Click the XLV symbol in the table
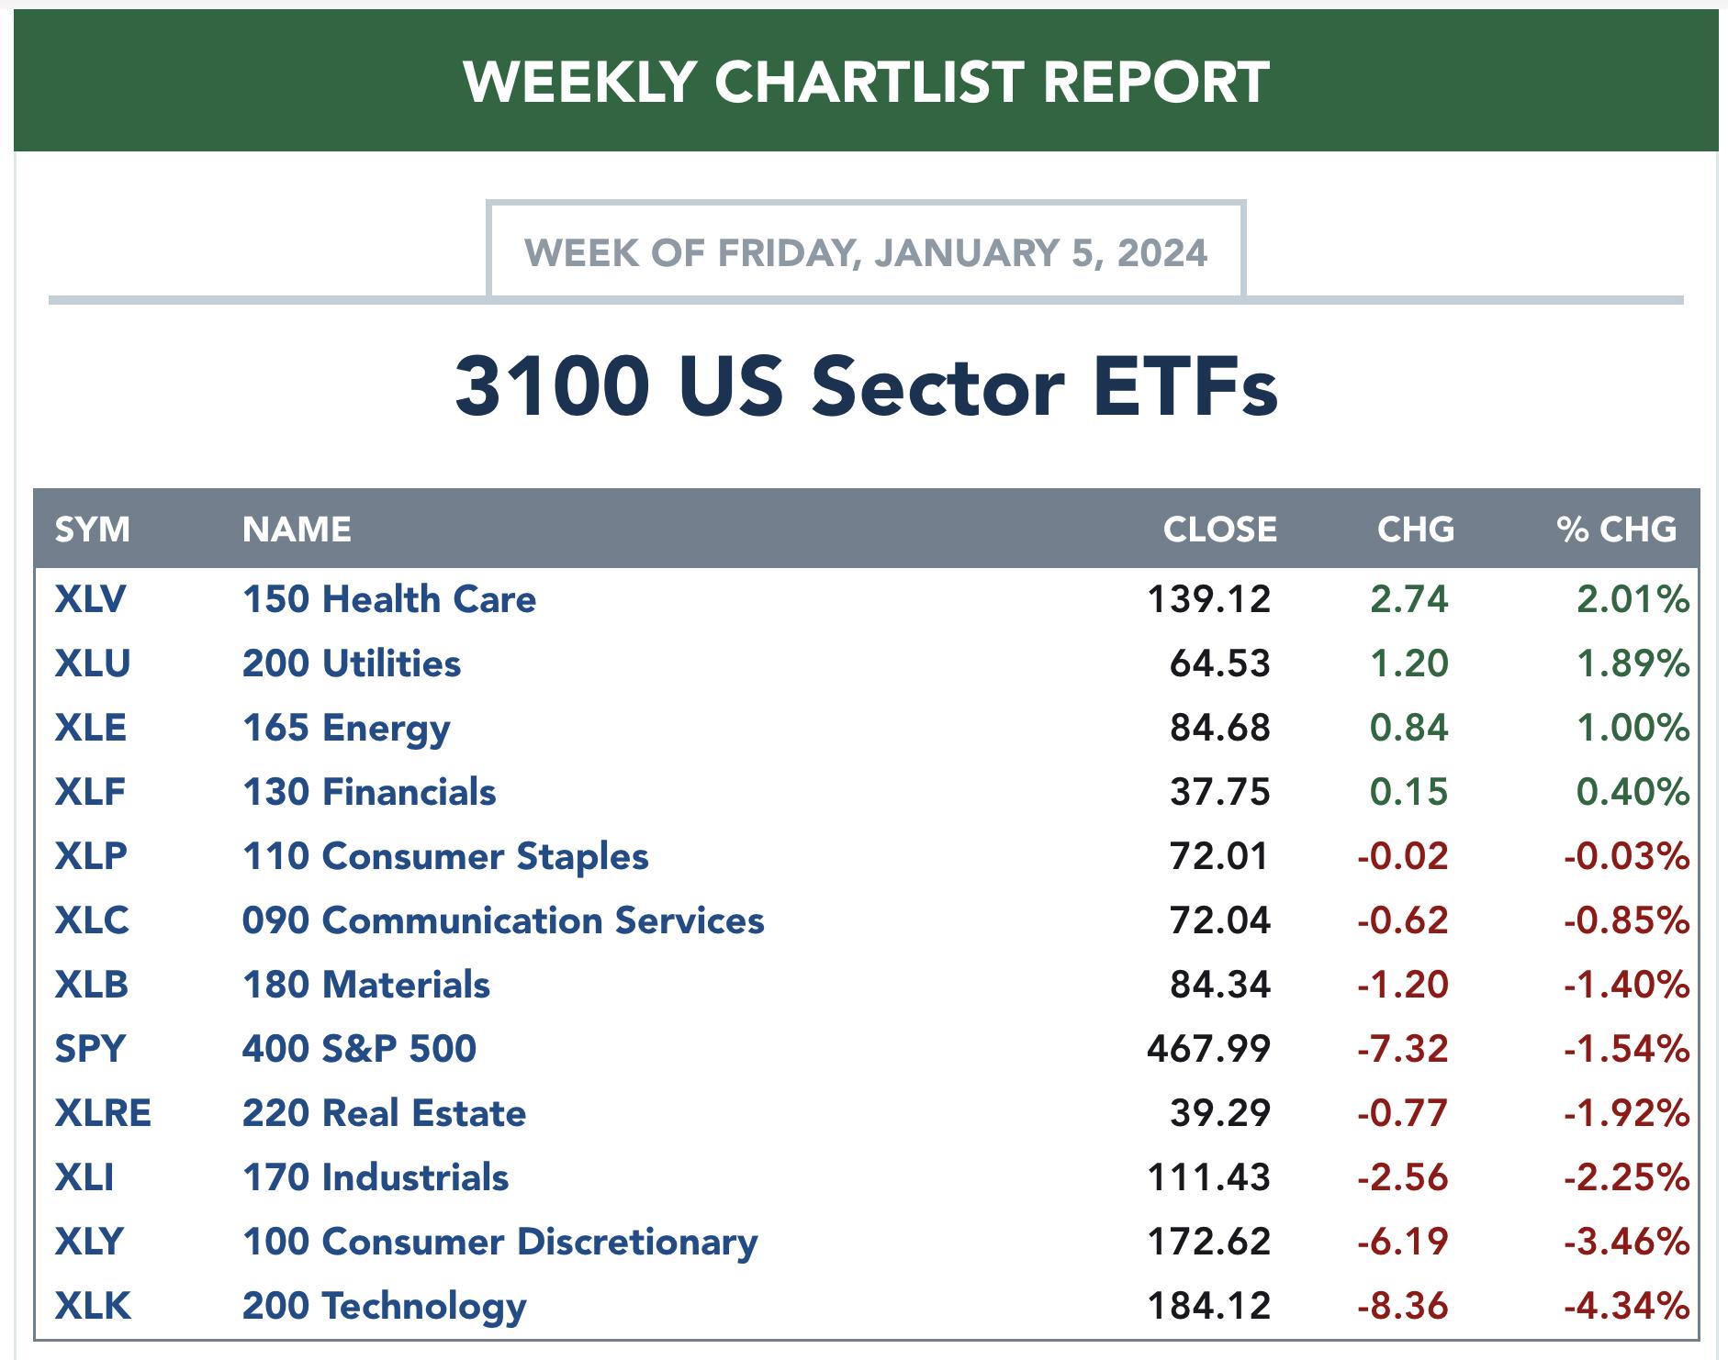coord(90,599)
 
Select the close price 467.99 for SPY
coord(1208,1048)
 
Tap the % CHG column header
coord(1616,530)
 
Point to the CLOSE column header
coord(1219,530)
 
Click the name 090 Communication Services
coord(503,920)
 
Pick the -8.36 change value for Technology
coord(1402,1305)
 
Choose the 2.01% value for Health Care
coord(1633,599)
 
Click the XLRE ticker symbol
coord(103,1113)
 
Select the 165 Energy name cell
coord(346,728)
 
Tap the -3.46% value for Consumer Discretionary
coord(1626,1242)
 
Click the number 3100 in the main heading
coord(552,386)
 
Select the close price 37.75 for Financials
coord(1219,792)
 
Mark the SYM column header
coord(92,530)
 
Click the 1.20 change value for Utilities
coord(1408,663)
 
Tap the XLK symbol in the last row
coord(93,1305)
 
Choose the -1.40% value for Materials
coord(1626,985)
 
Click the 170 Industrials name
coord(376,1177)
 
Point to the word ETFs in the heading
coord(1185,386)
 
